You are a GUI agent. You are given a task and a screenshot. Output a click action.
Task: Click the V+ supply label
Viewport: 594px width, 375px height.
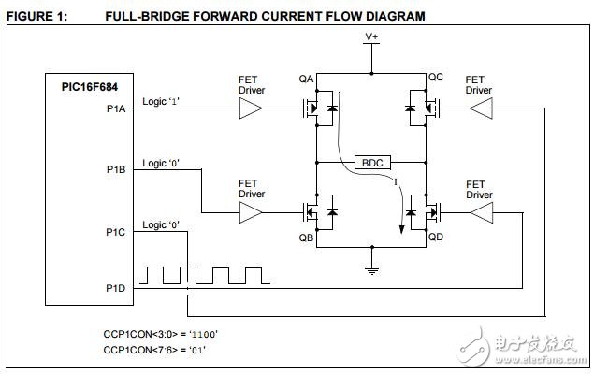click(x=372, y=36)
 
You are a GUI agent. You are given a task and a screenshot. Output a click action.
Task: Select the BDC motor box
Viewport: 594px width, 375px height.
click(x=372, y=162)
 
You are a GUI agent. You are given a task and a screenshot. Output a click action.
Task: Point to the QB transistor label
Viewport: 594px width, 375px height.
click(x=307, y=238)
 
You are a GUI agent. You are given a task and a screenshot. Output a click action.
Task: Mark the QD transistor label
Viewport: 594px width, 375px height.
click(x=436, y=238)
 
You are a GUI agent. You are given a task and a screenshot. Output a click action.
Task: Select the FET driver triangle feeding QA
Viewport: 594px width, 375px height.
click(x=252, y=109)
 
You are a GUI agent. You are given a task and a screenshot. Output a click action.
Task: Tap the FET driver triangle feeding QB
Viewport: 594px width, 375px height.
click(x=252, y=214)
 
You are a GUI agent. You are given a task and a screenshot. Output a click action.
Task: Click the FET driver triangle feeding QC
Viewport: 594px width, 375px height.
click(x=479, y=109)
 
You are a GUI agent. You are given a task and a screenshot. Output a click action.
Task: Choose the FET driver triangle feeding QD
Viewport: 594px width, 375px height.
click(x=479, y=214)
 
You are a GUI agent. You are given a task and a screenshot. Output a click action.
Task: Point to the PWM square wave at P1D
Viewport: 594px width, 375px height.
click(x=205, y=275)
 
